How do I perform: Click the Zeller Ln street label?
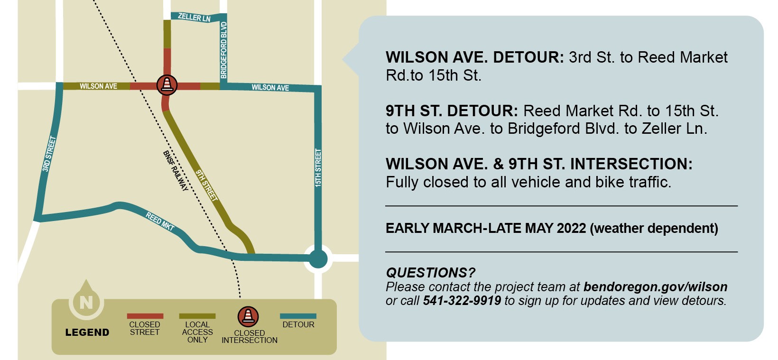pos(194,18)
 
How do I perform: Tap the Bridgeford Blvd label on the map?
pos(224,50)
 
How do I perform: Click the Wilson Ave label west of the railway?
pos(98,86)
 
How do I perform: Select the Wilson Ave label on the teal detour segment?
pos(270,88)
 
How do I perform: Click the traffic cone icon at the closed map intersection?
pos(167,85)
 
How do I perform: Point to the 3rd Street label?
pos(49,154)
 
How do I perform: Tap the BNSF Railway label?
pos(175,171)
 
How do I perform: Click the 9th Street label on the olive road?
pos(206,185)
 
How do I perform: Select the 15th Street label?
pos(318,167)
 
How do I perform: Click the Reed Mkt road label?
pos(160,222)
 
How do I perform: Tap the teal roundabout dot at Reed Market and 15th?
pos(318,259)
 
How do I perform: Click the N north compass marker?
pos(86,302)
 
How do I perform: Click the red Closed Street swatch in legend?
pos(145,316)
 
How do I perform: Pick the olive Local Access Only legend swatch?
pos(197,316)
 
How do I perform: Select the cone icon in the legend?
pos(248,316)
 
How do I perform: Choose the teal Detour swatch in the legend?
pos(298,316)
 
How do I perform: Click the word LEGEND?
pos(87,332)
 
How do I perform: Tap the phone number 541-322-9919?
pos(462,301)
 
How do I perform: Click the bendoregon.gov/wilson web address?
pos(655,287)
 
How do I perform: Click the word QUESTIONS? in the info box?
pos(430,273)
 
